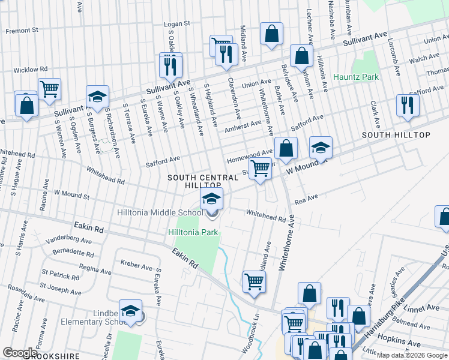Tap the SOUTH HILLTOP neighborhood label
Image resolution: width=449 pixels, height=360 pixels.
396,135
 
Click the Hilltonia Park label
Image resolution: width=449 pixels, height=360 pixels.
192,232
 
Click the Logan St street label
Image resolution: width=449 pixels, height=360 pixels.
176,23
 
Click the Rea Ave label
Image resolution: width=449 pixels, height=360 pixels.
305,199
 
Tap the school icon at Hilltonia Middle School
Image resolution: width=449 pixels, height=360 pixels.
211,199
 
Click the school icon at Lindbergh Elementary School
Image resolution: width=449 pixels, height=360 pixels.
130,310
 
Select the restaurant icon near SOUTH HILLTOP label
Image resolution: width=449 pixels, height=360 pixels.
408,105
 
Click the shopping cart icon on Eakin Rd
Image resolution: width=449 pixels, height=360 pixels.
255,280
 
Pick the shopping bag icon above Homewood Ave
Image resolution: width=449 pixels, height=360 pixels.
288,148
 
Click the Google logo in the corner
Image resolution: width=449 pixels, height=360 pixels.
20,353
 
